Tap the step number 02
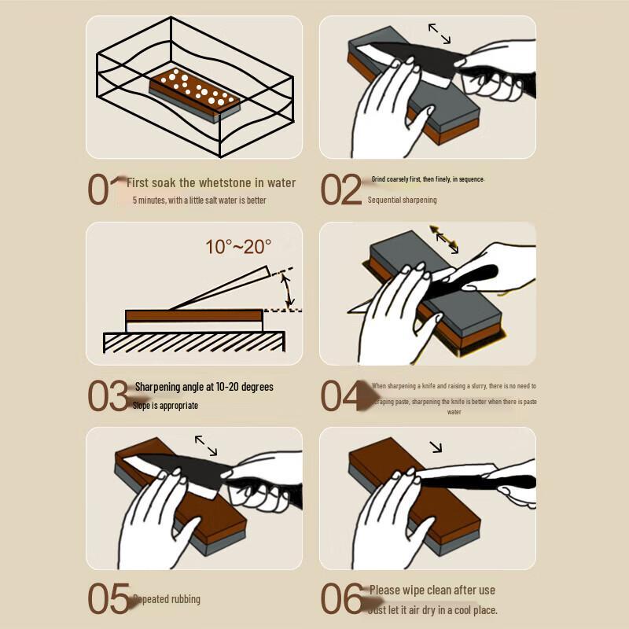[x=341, y=189]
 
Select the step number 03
[x=107, y=396]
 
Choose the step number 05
[x=108, y=599]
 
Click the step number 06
[x=341, y=599]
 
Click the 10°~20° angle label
[x=238, y=247]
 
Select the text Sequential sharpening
[x=402, y=200]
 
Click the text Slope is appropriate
[x=165, y=406]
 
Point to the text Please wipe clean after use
[x=432, y=590]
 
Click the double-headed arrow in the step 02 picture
[x=440, y=33]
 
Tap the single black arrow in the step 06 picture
[x=435, y=447]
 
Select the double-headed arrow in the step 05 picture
[x=206, y=446]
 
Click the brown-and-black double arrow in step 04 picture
[x=444, y=239]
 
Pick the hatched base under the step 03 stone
[x=193, y=342]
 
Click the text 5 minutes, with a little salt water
[x=200, y=200]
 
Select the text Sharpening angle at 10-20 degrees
[x=204, y=387]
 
